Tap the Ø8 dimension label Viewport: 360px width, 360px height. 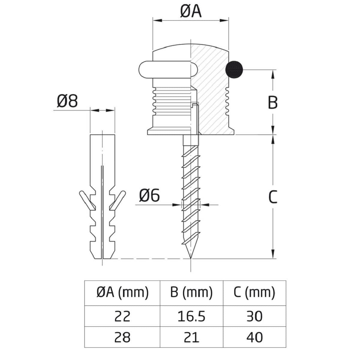click(67, 101)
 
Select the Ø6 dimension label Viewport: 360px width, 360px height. click(149, 196)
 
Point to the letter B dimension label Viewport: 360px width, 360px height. click(272, 103)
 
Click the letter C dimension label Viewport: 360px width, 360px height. click(272, 197)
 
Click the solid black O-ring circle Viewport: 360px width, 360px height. click(234, 70)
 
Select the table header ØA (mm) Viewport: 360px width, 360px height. click(122, 292)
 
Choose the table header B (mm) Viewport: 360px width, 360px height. click(191, 292)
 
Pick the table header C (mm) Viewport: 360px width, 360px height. click(254, 292)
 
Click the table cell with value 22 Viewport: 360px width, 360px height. click(122, 316)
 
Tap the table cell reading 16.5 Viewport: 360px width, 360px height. click(191, 316)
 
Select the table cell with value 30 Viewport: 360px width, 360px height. click(254, 316)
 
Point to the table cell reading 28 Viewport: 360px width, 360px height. click(122, 337)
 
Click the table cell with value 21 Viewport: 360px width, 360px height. click(191, 337)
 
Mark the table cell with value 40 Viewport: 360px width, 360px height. click(254, 337)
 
